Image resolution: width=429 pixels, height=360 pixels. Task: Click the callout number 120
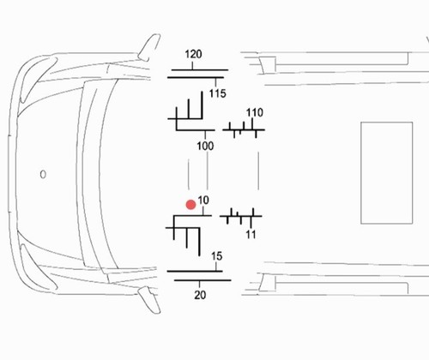(193, 54)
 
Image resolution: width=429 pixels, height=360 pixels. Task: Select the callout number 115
(218, 93)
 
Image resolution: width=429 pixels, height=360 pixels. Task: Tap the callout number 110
(255, 112)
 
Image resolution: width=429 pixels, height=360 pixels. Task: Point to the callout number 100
(205, 146)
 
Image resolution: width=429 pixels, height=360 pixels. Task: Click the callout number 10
(203, 201)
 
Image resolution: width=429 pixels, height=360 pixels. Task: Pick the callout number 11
(251, 235)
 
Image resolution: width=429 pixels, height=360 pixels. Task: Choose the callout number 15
(216, 256)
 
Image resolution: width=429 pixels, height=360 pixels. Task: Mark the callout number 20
(200, 295)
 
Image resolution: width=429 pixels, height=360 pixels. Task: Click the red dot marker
(190, 205)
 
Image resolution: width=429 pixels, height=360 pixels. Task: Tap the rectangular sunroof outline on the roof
(361, 173)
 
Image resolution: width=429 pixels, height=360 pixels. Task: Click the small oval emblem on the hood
(43, 174)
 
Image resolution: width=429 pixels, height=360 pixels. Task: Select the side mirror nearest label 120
(149, 47)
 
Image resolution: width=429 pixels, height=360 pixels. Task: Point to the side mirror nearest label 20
(149, 300)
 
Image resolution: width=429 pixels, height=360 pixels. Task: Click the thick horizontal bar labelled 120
(200, 69)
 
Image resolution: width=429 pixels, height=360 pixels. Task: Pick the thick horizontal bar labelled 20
(202, 280)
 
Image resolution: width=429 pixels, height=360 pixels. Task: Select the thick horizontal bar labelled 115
(196, 77)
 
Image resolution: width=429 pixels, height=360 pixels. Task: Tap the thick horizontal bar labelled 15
(195, 271)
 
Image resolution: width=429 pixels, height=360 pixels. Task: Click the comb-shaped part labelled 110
(244, 130)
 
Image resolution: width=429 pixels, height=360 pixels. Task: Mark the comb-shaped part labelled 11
(240, 216)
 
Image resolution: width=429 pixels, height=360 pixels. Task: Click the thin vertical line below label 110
(258, 171)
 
